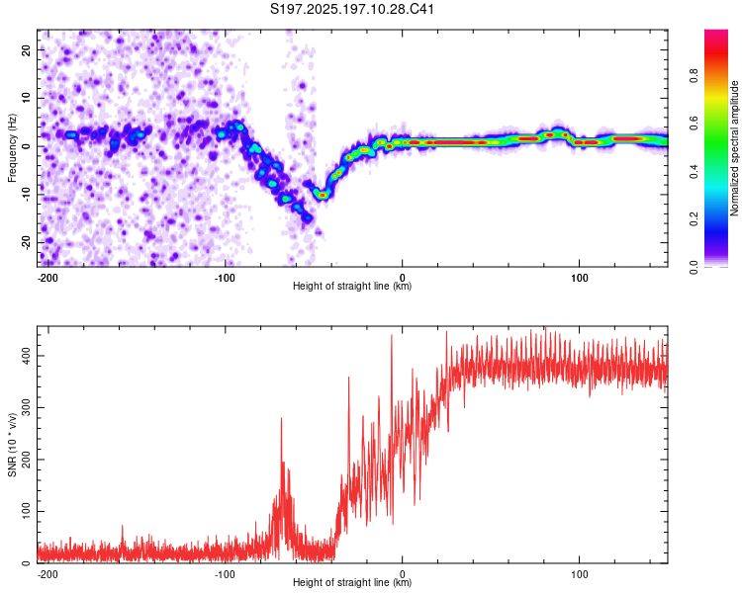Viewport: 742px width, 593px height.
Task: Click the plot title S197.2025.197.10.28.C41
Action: coord(352,9)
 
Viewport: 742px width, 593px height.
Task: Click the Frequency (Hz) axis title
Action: coord(12,148)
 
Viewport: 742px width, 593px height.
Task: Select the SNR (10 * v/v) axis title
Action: coord(12,445)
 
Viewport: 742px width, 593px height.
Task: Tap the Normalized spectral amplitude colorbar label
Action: coord(734,148)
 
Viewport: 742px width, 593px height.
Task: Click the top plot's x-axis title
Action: coord(352,286)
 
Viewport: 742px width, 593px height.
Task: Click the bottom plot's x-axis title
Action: coord(352,582)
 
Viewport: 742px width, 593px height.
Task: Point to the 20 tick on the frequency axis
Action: coord(26,49)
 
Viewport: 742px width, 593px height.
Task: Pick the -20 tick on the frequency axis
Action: coord(26,242)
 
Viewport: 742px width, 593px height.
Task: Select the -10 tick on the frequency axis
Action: coord(26,195)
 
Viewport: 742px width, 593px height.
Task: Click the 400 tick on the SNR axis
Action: coord(26,356)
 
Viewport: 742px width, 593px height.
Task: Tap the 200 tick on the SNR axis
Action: coord(26,460)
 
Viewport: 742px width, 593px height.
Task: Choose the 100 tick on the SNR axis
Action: coord(26,511)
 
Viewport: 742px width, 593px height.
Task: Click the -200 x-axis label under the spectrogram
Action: coord(47,278)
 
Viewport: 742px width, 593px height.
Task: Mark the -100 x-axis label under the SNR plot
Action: coord(225,574)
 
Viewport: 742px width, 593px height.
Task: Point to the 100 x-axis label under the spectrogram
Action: coord(579,278)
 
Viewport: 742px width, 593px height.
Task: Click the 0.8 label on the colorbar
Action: coord(694,75)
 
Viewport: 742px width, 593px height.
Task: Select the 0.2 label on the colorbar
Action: coord(694,219)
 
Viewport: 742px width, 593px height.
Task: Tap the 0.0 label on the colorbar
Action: coord(694,267)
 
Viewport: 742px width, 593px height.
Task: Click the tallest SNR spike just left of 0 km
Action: coord(392,337)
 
